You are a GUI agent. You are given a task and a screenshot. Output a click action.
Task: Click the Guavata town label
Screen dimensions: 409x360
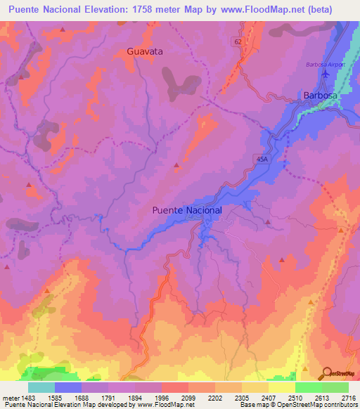tap(144, 51)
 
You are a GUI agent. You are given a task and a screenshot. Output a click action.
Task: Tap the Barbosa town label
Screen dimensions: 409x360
tap(320, 95)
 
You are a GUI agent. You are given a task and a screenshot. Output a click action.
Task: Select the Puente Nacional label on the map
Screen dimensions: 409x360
tap(187, 210)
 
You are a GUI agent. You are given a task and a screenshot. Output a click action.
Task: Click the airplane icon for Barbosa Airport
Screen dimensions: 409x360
tap(324, 74)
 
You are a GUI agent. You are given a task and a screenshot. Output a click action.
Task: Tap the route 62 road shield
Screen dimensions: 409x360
tap(238, 42)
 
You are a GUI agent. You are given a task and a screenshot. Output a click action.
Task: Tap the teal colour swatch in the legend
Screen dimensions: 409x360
tap(41, 387)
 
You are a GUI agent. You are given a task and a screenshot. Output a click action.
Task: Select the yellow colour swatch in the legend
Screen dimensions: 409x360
tap(281, 387)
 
